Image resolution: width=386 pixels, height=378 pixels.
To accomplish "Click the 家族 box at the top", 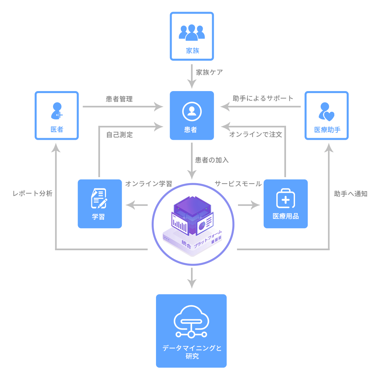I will pos(192,36).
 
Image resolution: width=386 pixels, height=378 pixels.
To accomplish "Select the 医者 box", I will pos(57,115).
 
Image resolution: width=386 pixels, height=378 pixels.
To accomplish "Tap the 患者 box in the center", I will pos(192,115).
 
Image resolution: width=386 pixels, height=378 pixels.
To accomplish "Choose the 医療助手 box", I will pos(327,115).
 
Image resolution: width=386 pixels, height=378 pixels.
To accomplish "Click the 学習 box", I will pos(100,204).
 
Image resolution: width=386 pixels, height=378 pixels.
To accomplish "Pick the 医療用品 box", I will pos(286,204).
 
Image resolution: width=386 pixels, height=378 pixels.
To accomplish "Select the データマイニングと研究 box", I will pos(191,331).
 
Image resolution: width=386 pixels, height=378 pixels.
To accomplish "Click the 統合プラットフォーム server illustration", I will pos(193,224).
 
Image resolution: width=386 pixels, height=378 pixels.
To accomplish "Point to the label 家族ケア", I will pos(209,72).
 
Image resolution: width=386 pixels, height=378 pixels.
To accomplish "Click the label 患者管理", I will pos(119,99).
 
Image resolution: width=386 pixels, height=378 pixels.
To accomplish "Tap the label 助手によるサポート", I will pos(263,98).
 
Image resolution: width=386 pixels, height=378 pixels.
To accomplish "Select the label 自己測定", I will pos(120,135).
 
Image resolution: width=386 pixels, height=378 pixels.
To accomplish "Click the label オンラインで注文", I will pos(256,134).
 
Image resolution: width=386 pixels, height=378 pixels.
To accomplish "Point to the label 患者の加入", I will pos(212,160).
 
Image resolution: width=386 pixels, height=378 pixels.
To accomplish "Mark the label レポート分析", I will pos(33,194).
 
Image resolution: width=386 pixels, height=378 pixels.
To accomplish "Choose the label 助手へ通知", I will pos(351,194).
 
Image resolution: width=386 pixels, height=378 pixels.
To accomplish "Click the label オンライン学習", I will pos(149,184).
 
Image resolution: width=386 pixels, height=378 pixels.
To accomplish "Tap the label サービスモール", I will pos(238,184).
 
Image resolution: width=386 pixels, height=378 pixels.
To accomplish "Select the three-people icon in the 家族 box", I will pos(192,32).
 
